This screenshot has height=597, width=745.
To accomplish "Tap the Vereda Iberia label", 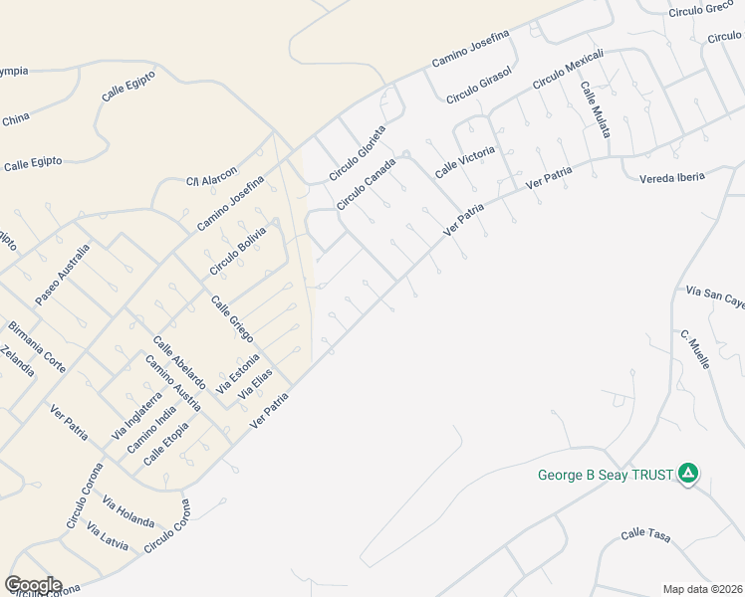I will tap(671, 177).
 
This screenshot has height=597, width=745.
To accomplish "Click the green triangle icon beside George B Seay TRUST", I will tap(687, 473).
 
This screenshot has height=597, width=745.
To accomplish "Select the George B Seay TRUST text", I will tap(606, 475).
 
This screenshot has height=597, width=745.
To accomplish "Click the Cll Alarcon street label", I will tap(211, 176).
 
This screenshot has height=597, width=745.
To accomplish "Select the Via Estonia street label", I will tap(238, 373).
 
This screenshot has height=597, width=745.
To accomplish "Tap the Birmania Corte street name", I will tap(37, 346).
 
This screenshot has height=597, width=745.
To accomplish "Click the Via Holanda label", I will tap(128, 512).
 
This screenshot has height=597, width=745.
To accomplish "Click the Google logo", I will tap(32, 585).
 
